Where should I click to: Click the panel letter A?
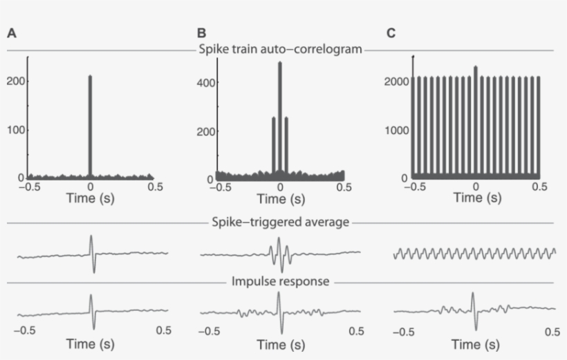[x=12, y=32]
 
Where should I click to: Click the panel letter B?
[x=201, y=32]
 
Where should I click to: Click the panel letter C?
[x=391, y=32]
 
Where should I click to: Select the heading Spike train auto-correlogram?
[x=280, y=50]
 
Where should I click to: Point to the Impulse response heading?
[x=280, y=282]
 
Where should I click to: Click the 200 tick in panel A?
[x=16, y=81]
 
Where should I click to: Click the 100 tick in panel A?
[x=16, y=130]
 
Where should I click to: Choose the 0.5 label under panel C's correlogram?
[x=539, y=187]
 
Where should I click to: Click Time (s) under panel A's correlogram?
[x=91, y=199]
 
